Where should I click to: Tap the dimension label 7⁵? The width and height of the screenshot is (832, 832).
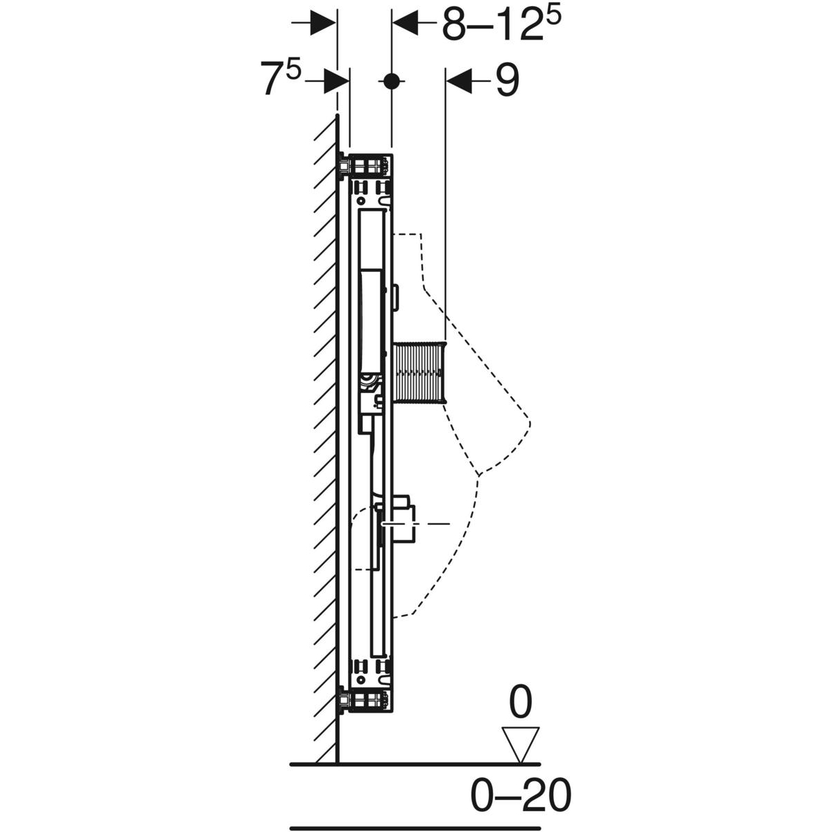click(280, 78)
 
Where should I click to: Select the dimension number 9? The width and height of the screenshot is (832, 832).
click(508, 80)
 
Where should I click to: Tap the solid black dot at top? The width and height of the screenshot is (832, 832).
click(391, 80)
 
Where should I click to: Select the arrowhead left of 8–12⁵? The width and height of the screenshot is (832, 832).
click(405, 22)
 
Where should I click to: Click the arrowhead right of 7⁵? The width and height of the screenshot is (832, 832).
click(336, 80)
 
